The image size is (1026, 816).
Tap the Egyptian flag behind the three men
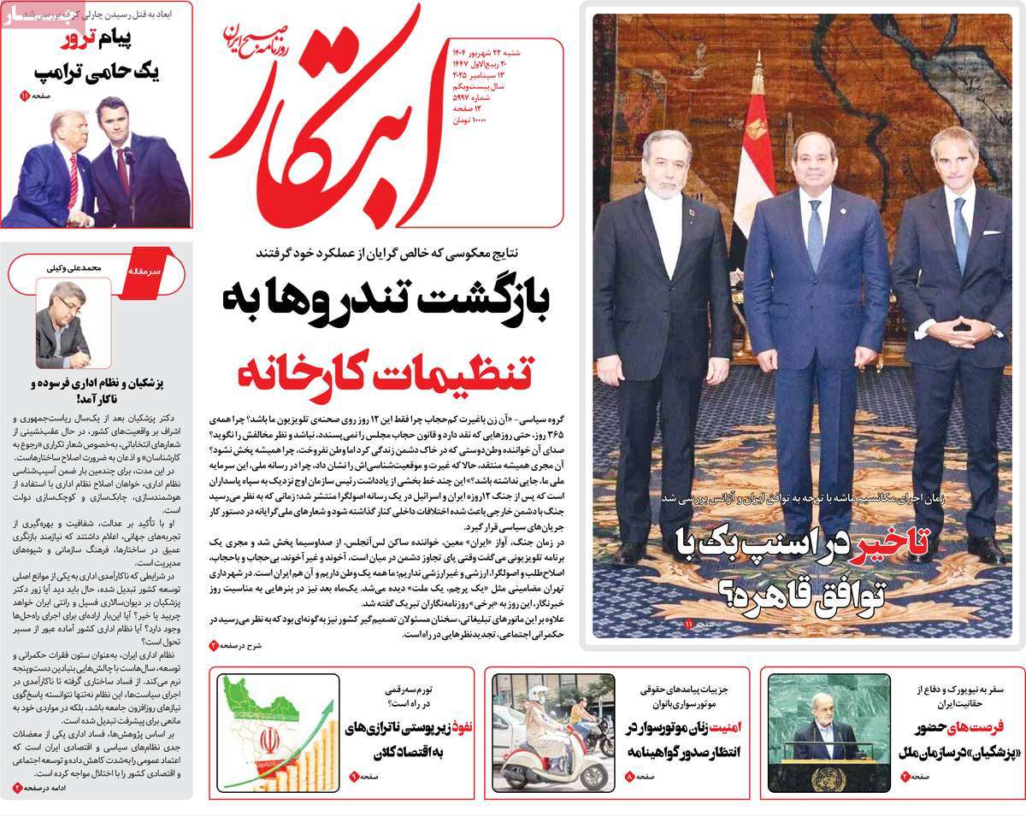coord(752,162)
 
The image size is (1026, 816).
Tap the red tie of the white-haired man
coord(74,180)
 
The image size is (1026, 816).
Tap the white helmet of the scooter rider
coord(539,693)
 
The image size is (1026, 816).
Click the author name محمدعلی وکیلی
coord(74,267)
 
